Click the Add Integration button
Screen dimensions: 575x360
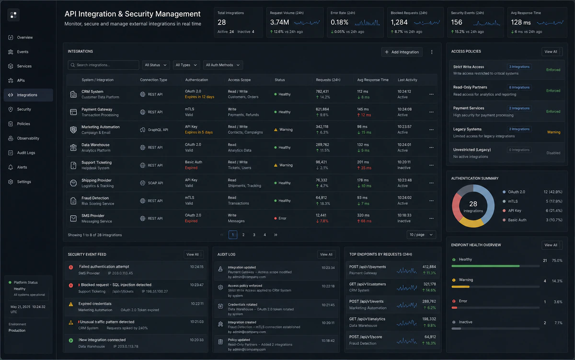402,52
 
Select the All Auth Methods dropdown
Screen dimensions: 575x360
222,65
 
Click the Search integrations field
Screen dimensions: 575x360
103,65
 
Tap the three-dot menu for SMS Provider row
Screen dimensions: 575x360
431,218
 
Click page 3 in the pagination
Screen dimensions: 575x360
254,235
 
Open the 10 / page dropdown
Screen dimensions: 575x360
421,235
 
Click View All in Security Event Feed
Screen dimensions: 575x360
193,255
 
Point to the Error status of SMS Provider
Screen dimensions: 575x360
280,218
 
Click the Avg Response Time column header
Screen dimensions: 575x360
372,80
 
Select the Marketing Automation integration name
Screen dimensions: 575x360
100,127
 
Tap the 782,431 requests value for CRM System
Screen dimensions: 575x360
322,92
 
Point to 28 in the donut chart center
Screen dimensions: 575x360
473,204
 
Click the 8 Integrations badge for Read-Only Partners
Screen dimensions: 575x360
519,87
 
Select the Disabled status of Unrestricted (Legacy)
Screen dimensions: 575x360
553,153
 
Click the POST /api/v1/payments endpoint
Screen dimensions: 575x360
368,267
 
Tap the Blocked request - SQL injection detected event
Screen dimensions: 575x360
116,285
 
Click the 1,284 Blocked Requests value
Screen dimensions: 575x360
399,23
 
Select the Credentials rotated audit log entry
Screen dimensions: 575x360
242,304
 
